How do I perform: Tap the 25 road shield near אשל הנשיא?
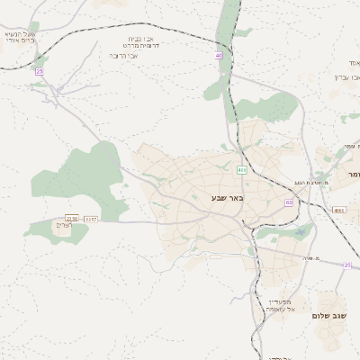[x=39, y=70]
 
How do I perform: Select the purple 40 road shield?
[x=218, y=56]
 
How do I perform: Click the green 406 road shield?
[x=242, y=170]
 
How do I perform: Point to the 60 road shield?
[x=289, y=203]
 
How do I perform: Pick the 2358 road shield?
[x=71, y=218]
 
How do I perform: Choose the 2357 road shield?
[x=88, y=218]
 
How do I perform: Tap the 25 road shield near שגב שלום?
[x=347, y=265]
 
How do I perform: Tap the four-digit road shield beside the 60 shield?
[x=338, y=210]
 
